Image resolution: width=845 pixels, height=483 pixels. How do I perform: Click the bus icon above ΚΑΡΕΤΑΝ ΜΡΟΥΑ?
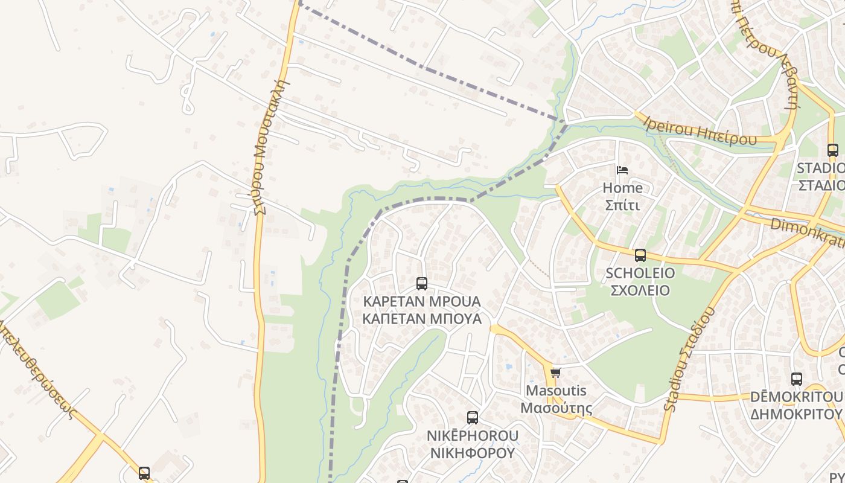[422, 284]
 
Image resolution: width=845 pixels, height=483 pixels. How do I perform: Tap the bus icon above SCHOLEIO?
[640, 255]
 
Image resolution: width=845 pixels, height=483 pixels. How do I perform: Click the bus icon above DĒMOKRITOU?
[797, 379]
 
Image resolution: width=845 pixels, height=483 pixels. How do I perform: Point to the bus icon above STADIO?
[833, 150]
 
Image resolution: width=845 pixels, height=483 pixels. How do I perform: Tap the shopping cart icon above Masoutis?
[556, 373]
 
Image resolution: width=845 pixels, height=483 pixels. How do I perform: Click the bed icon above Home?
[622, 170]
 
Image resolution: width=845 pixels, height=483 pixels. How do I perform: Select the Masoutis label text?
[556, 391]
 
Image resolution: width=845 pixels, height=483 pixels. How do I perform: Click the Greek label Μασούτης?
[556, 408]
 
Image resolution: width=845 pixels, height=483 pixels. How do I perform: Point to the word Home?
[622, 188]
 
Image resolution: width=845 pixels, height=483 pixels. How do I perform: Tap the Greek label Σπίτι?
[622, 205]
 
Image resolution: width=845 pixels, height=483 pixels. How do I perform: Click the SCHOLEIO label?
[640, 273]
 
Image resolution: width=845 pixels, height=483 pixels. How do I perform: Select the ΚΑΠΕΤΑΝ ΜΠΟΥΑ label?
[422, 318]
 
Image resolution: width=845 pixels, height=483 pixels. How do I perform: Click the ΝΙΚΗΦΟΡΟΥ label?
[472, 452]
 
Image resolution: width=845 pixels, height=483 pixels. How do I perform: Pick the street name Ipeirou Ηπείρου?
[700, 131]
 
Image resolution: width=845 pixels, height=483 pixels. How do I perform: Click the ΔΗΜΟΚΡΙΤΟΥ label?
[797, 414]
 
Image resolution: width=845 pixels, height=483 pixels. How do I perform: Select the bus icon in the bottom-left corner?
[144, 473]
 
